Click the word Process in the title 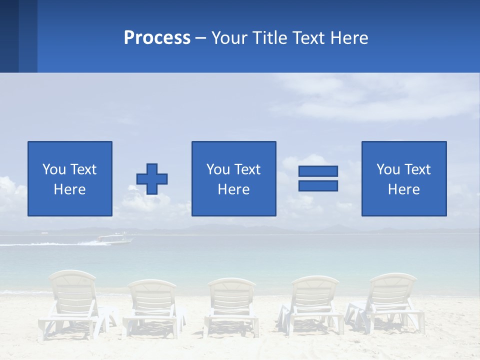[x=157, y=38]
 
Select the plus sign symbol [x=152, y=179]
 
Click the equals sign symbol [x=318, y=178]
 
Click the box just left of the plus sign [x=70, y=178]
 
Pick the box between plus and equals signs [x=233, y=178]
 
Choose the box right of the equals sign [x=404, y=178]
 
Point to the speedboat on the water [x=115, y=239]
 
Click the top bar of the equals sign [x=318, y=171]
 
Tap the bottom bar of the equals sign [x=318, y=185]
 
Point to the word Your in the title [x=229, y=38]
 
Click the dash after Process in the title [x=201, y=38]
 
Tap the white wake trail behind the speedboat [x=50, y=243]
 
